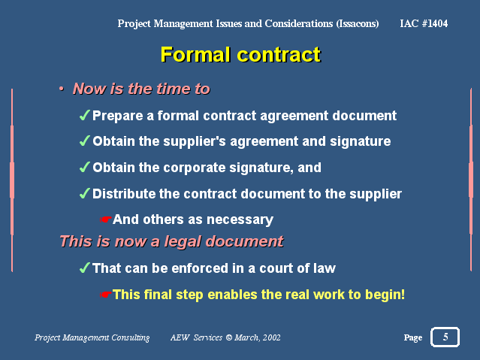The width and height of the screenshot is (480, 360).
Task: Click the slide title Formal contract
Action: pyautogui.click(x=240, y=55)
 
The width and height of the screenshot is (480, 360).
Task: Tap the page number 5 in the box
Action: pyautogui.click(x=445, y=337)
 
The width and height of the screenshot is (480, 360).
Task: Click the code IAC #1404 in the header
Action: pyautogui.click(x=424, y=23)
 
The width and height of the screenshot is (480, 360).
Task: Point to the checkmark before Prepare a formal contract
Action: pyautogui.click(x=84, y=115)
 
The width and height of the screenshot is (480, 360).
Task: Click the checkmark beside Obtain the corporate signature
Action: pyautogui.click(x=84, y=168)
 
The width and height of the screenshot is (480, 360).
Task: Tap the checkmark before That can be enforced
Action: pyautogui.click(x=84, y=268)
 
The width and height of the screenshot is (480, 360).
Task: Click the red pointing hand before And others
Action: pyautogui.click(x=106, y=219)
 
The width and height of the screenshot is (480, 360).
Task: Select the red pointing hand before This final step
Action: pyautogui.click(x=106, y=295)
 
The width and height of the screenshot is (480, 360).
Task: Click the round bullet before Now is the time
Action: pyautogui.click(x=62, y=89)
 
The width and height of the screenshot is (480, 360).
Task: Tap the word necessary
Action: pyautogui.click(x=240, y=220)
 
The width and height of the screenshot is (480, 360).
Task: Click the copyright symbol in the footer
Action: pyautogui.click(x=229, y=337)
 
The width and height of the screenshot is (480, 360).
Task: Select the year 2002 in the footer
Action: pyautogui.click(x=271, y=337)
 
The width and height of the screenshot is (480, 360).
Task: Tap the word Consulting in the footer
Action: pyautogui.click(x=131, y=338)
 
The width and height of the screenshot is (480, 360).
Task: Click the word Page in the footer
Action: pyautogui.click(x=413, y=337)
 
